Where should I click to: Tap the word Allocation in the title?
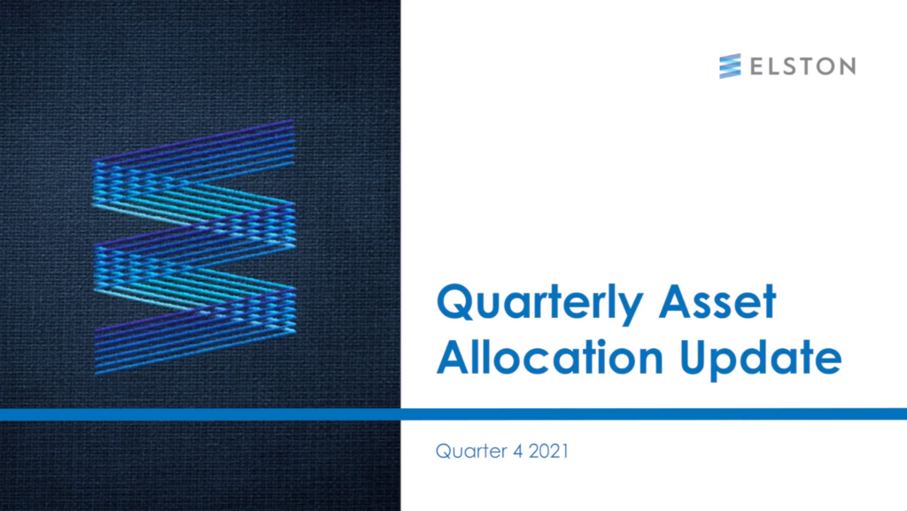(550, 356)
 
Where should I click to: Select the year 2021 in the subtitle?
(548, 451)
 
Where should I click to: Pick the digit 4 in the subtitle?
(517, 451)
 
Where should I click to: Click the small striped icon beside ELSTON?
(730, 66)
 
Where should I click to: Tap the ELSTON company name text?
(802, 66)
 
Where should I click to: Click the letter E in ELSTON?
(757, 66)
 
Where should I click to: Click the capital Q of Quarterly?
(457, 302)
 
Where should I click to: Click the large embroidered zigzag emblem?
(194, 247)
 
